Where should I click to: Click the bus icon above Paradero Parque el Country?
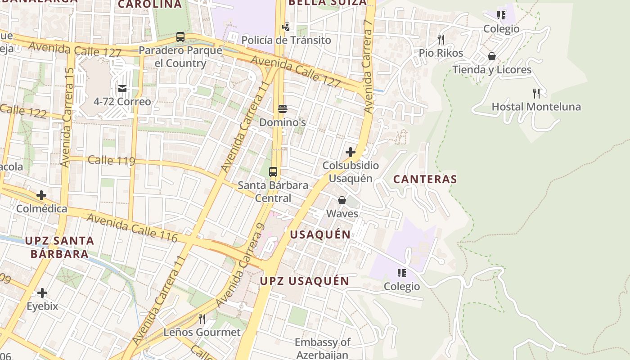tap(180, 37)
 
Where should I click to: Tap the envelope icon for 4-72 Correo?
tap(122, 89)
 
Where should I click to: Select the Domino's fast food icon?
tap(283, 109)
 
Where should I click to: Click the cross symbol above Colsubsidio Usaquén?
tap(351, 152)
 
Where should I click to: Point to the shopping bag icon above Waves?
tap(342, 200)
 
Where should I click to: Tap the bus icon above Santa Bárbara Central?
tap(273, 172)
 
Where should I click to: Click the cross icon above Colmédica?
tap(41, 195)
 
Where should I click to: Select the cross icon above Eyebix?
tap(42, 293)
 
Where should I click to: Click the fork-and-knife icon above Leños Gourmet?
tap(202, 319)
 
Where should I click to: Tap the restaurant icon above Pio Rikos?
tap(441, 40)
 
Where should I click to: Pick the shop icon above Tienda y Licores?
tap(492, 56)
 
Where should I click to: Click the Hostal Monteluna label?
tap(536, 107)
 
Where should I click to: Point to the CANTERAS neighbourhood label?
tap(425, 179)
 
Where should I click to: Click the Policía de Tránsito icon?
tap(286, 27)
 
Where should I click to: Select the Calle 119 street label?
tap(111, 160)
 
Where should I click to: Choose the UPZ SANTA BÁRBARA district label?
tap(59, 247)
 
